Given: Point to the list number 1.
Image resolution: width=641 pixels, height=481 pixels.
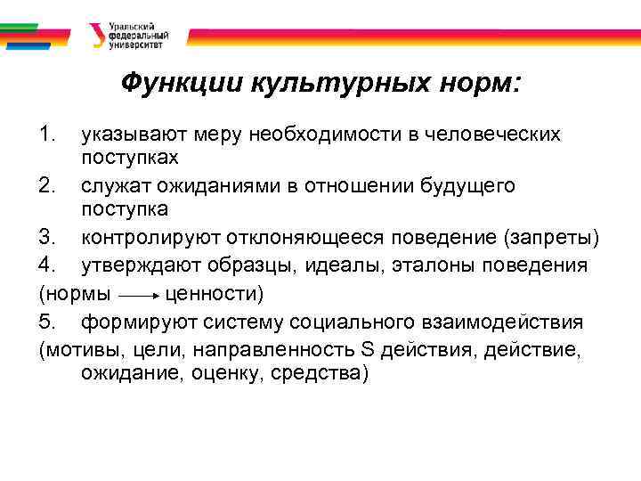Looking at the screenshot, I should (x=48, y=135).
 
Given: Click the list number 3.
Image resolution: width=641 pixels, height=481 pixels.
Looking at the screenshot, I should (x=48, y=240).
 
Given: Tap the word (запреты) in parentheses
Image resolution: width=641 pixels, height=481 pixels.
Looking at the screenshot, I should (x=552, y=240).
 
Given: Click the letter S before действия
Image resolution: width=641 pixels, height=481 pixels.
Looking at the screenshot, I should (x=368, y=348).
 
